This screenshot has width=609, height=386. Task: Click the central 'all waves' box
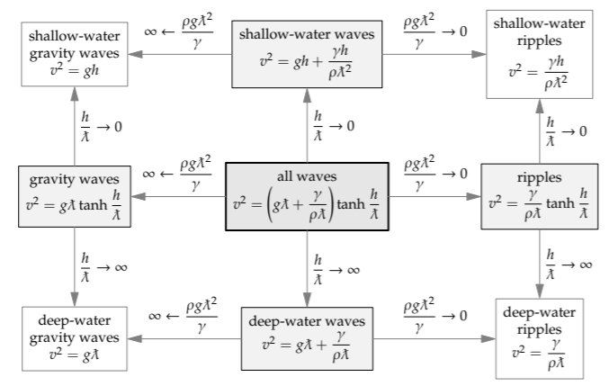(x=306, y=195)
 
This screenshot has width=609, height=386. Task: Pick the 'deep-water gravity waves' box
(x=71, y=337)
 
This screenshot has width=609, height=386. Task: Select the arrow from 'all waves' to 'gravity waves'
(x=177, y=195)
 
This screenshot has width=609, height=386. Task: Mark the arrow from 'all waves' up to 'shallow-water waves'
(x=307, y=126)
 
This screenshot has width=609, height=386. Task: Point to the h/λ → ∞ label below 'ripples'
(x=569, y=264)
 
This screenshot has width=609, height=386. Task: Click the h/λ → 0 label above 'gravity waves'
(x=97, y=126)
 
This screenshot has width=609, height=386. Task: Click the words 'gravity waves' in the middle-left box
(x=71, y=179)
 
